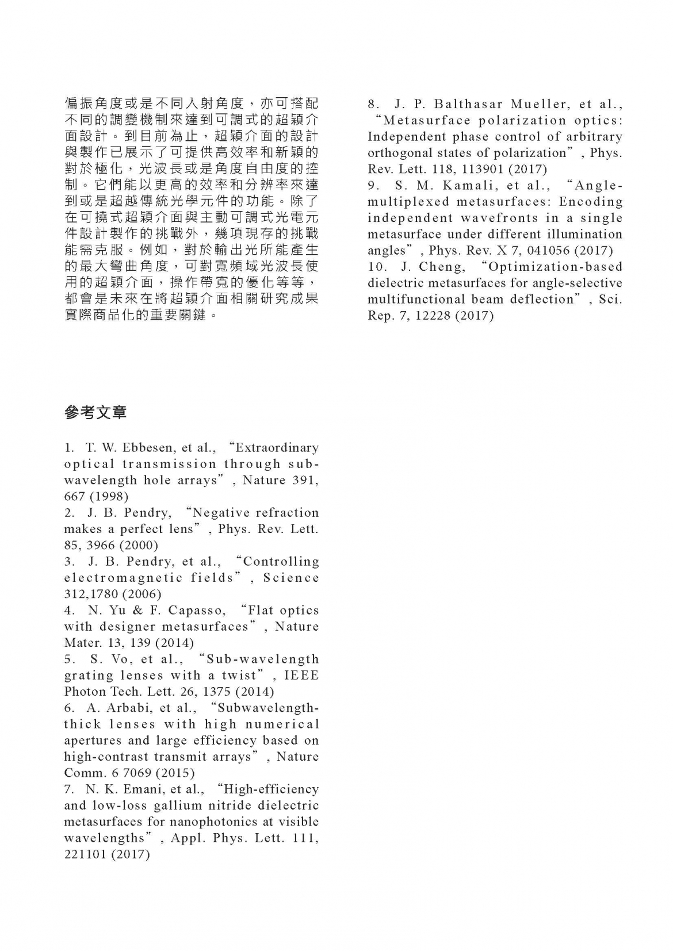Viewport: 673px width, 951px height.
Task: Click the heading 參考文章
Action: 95,412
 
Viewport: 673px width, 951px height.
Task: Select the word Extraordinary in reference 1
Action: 277,448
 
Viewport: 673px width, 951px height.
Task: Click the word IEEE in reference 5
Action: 301,676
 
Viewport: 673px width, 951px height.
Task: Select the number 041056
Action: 536,251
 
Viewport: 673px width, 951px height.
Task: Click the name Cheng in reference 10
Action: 442,267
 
